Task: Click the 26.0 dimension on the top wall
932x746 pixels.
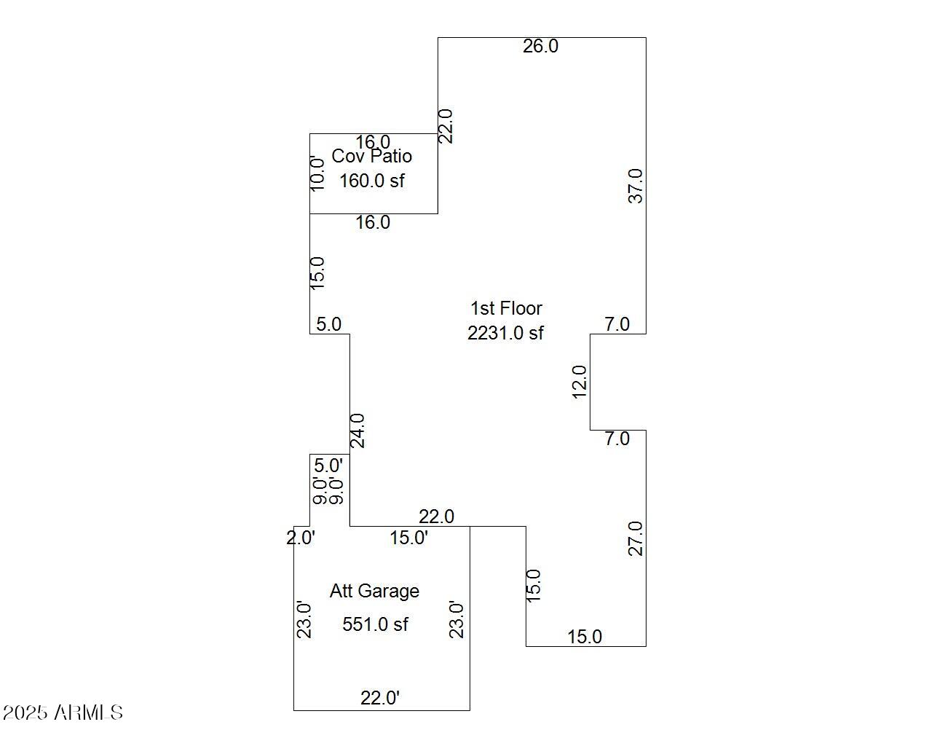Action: (540, 46)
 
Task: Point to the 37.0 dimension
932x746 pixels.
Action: (636, 186)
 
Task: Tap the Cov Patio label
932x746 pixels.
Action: (371, 156)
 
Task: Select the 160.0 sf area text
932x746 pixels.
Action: (371, 180)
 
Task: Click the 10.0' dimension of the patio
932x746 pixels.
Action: (318, 173)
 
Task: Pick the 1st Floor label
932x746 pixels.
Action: (506, 308)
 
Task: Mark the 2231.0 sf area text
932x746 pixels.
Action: (505, 333)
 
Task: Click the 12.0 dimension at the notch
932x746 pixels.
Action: (580, 382)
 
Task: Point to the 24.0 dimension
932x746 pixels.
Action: (358, 430)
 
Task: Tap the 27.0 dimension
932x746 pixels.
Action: (636, 538)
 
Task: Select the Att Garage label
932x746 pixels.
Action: (374, 591)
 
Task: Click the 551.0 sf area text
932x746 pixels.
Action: (375, 624)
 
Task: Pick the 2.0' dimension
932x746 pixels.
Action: (300, 538)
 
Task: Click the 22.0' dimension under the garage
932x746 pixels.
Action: (380, 698)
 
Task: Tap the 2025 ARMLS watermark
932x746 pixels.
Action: (63, 712)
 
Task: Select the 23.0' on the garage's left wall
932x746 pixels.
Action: (305, 619)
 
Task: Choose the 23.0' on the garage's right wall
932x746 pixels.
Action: (457, 619)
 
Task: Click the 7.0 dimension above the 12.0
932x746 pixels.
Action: (617, 324)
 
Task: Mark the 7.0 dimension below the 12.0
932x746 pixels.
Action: (617, 439)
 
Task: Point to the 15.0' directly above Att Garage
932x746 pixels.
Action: (408, 538)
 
